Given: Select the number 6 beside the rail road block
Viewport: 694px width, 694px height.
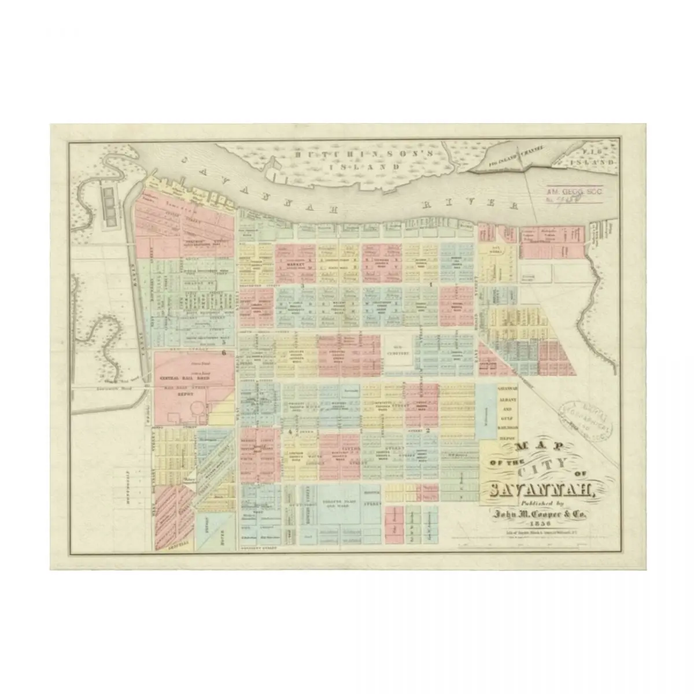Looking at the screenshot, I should [223, 352].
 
